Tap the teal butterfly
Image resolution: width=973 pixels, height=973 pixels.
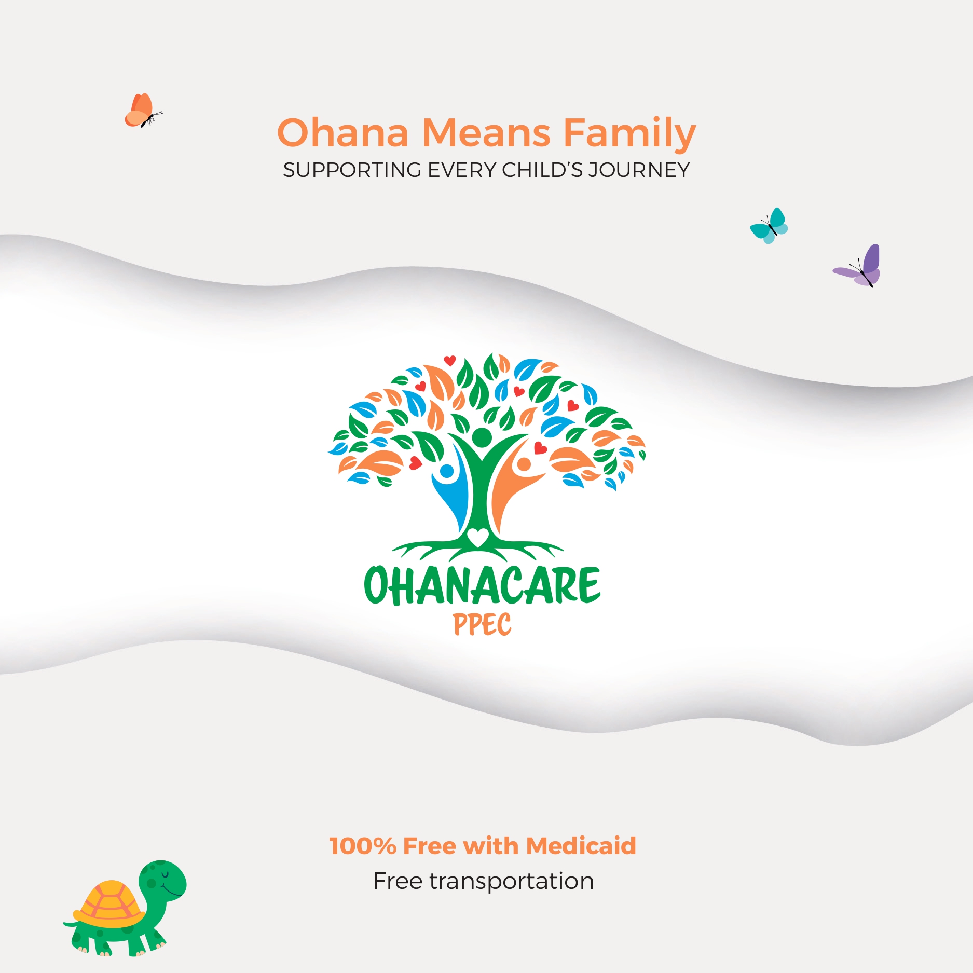pyautogui.click(x=769, y=226)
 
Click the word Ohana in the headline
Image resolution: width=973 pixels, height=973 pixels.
pyautogui.click(x=343, y=133)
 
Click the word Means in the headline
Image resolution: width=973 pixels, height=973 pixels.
pyautogui.click(x=486, y=133)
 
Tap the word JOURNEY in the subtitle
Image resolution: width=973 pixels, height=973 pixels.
pyautogui.click(x=639, y=170)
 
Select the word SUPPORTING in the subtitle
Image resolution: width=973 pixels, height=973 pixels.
pyautogui.click(x=352, y=170)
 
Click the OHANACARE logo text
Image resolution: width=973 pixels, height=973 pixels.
pyautogui.click(x=482, y=585)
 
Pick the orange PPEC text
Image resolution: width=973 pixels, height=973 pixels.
pyautogui.click(x=482, y=624)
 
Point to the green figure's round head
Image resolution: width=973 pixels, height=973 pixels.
pyautogui.click(x=482, y=437)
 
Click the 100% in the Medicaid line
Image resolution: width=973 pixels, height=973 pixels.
pyautogui.click(x=363, y=846)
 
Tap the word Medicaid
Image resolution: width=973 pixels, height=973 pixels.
pyautogui.click(x=581, y=846)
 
